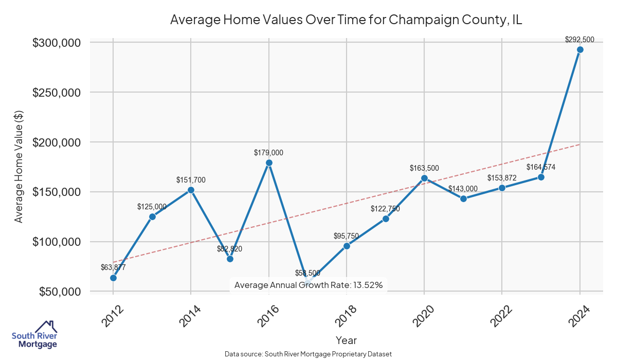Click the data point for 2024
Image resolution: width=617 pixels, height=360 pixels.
pos(580,50)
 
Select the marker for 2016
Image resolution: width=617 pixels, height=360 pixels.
pos(269,163)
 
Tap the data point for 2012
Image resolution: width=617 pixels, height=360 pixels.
pos(113,278)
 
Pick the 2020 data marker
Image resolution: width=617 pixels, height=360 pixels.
pos(424,178)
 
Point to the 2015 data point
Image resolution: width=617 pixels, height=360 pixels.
pos(230,259)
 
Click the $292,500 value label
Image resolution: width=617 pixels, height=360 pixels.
pos(579,40)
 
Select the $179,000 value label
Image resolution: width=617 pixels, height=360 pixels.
pos(268,153)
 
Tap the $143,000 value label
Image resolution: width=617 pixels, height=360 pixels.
pos(463,189)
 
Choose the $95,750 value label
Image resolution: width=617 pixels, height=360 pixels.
pos(346,236)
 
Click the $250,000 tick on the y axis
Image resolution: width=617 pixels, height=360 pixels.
pos(57,93)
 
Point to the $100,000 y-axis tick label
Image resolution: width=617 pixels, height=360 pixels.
pos(57,242)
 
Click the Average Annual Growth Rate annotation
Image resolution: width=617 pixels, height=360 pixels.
pos(308,285)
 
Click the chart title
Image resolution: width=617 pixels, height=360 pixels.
pos(346,20)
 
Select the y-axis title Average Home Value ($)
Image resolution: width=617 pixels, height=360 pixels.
pos(19,166)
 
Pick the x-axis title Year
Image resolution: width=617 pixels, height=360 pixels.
pos(346,340)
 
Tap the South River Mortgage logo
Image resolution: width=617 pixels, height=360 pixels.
pos(35,335)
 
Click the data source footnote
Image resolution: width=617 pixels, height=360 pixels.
pos(308,354)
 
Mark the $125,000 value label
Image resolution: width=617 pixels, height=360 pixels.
pos(152,207)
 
